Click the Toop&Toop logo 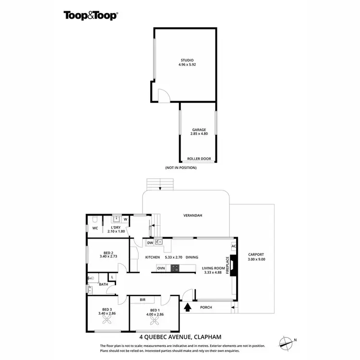[x=91, y=15]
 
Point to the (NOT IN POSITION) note [x=180, y=168]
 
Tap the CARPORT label [x=256, y=254]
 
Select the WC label [x=95, y=228]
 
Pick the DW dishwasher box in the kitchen [x=150, y=243]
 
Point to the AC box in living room [x=234, y=247]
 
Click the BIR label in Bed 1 [x=143, y=300]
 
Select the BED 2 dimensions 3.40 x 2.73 [x=108, y=257]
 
